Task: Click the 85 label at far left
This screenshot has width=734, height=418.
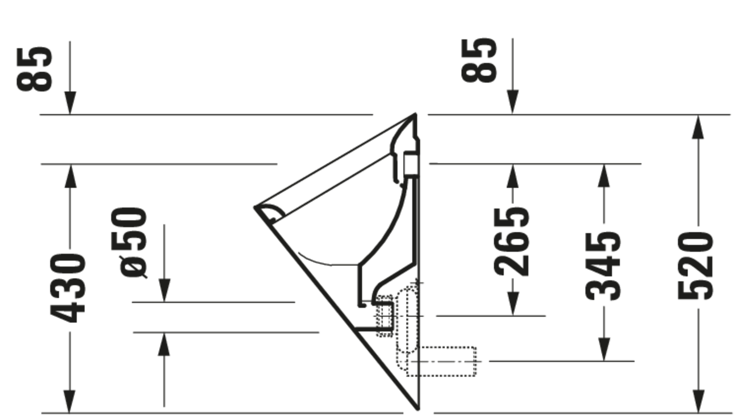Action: coord(34,69)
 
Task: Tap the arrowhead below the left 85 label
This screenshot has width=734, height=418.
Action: coord(70,103)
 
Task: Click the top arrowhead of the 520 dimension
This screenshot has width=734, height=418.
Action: coord(698,127)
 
